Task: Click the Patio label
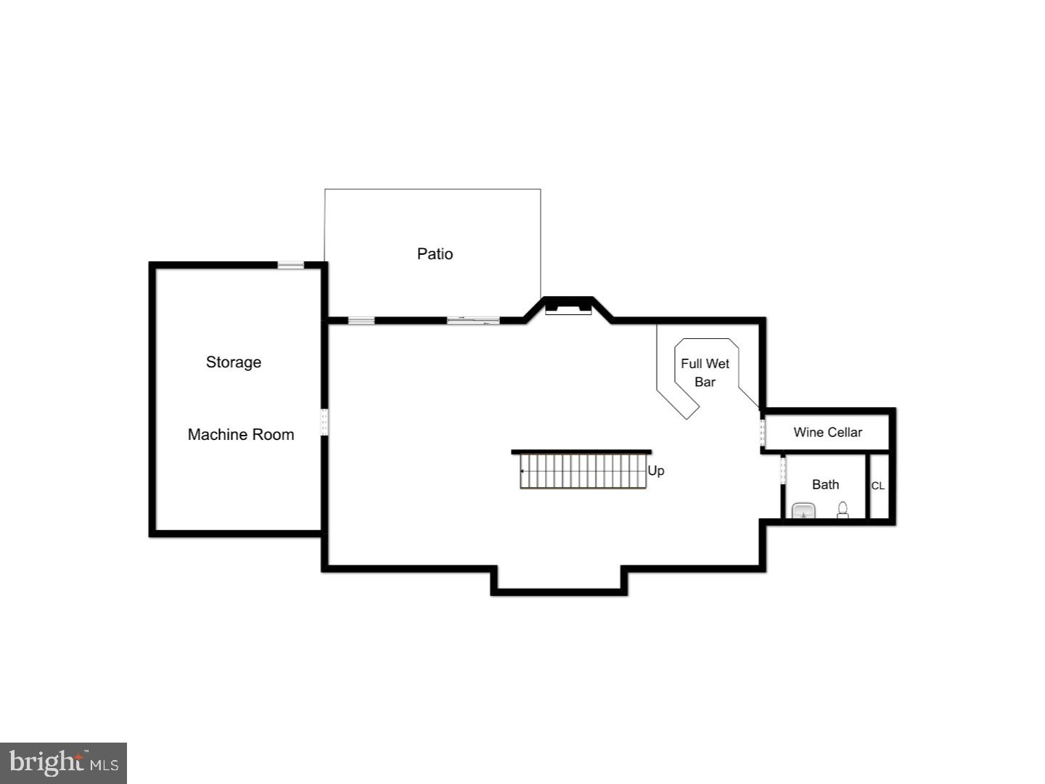[x=435, y=254]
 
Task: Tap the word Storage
[x=233, y=362]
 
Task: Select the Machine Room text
[x=240, y=435]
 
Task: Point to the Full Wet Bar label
[x=705, y=372]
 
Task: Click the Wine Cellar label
[x=827, y=433]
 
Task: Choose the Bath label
[x=825, y=485]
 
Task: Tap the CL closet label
[x=877, y=486]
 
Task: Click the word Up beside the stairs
[x=655, y=471]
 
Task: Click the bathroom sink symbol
[x=803, y=511]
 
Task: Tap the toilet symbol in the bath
[x=843, y=510]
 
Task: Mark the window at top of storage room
[x=290, y=265]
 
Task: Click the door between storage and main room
[x=324, y=422]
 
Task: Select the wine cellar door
[x=762, y=433]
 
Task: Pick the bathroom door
[x=783, y=470]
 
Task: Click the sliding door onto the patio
[x=472, y=320]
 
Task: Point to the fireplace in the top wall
[x=568, y=306]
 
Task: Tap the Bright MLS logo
[x=64, y=763]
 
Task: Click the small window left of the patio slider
[x=361, y=320]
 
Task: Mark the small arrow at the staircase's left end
[x=522, y=471]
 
